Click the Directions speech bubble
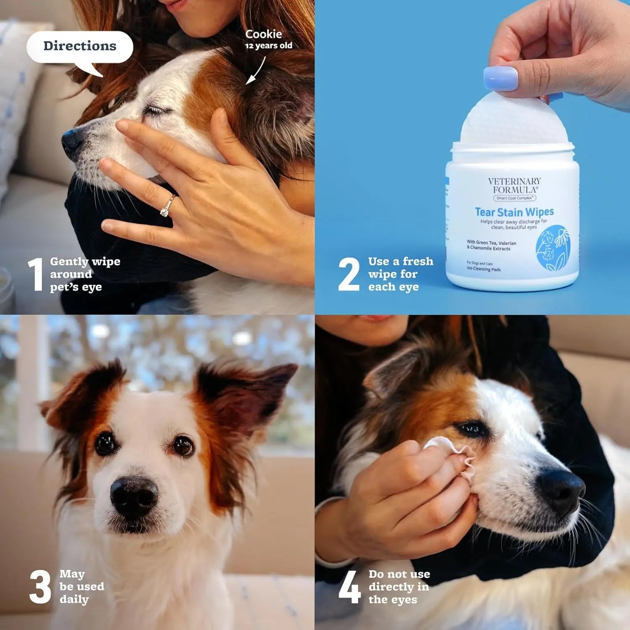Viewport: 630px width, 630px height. click(x=80, y=47)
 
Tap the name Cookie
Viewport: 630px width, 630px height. click(x=263, y=34)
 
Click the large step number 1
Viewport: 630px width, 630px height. click(x=36, y=274)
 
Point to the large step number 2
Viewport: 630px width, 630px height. click(x=349, y=274)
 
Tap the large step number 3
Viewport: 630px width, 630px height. click(x=40, y=587)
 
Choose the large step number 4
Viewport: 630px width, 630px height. click(x=349, y=587)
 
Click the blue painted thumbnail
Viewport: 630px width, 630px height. click(x=501, y=79)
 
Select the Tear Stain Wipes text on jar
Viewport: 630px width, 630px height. click(x=514, y=212)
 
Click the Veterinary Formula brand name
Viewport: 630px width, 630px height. click(x=514, y=185)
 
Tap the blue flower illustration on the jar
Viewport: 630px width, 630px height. click(x=552, y=248)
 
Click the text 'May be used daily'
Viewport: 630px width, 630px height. click(x=81, y=587)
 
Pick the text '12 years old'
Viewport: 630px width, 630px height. click(x=268, y=46)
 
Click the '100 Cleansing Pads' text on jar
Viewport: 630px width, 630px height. click(x=483, y=269)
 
